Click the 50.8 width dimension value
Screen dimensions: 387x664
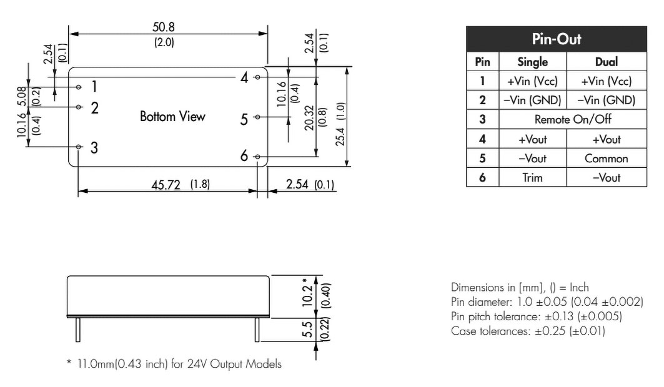coord(164,28)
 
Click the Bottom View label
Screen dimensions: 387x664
coord(172,117)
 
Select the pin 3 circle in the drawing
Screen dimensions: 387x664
coord(79,147)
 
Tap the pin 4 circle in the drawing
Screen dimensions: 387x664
coord(257,77)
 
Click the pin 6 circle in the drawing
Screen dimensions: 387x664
coord(257,157)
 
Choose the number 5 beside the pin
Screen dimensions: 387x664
coord(244,119)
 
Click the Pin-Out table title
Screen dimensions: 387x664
coord(556,39)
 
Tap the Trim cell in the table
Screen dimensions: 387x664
coord(532,177)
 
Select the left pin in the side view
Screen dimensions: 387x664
coord(77,329)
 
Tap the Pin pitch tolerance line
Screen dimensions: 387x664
coord(536,316)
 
